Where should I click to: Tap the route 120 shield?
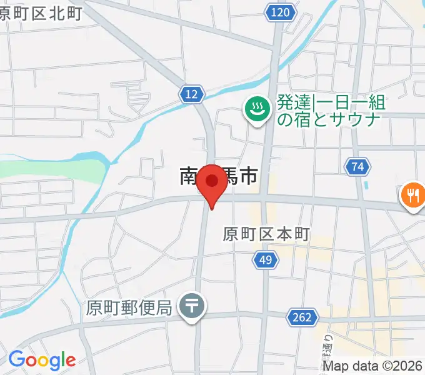[281, 12]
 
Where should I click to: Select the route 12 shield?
[192, 94]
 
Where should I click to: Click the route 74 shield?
[357, 167]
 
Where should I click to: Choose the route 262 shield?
[301, 317]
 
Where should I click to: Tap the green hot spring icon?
[256, 109]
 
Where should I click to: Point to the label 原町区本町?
[266, 235]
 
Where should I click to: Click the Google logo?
[42, 360]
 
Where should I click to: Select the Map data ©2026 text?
[373, 366]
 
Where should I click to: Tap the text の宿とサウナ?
[327, 119]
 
